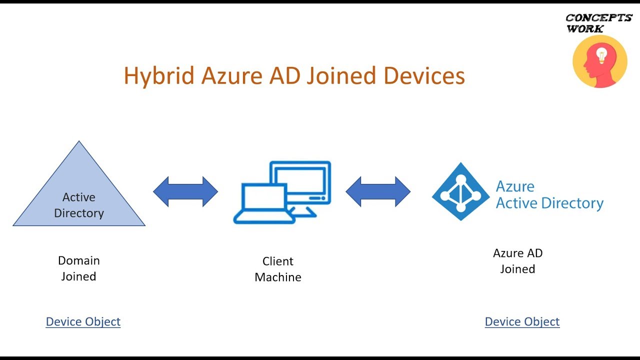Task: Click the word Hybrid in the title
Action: pyautogui.click(x=159, y=75)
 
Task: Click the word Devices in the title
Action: pyautogui.click(x=424, y=75)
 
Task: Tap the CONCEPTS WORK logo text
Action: pyautogui.click(x=598, y=23)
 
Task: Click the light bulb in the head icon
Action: pyautogui.click(x=601, y=55)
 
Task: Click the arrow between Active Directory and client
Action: pyautogui.click(x=185, y=191)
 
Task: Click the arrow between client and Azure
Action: pyautogui.click(x=378, y=191)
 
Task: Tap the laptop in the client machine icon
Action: pyautogui.click(x=264, y=203)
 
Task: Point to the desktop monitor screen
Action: pyautogui.click(x=300, y=179)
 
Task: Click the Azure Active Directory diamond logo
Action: pyautogui.click(x=460, y=191)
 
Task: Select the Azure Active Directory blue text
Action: pyautogui.click(x=549, y=195)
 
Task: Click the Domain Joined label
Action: pyautogui.click(x=79, y=268)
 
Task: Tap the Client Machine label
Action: pyautogui.click(x=277, y=269)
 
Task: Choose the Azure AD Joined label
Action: pyautogui.click(x=517, y=261)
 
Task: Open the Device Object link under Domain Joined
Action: pyautogui.click(x=83, y=321)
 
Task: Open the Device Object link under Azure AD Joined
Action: pyautogui.click(x=522, y=321)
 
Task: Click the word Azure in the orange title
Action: pyautogui.click(x=231, y=75)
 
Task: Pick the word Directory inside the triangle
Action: pyautogui.click(x=79, y=213)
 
